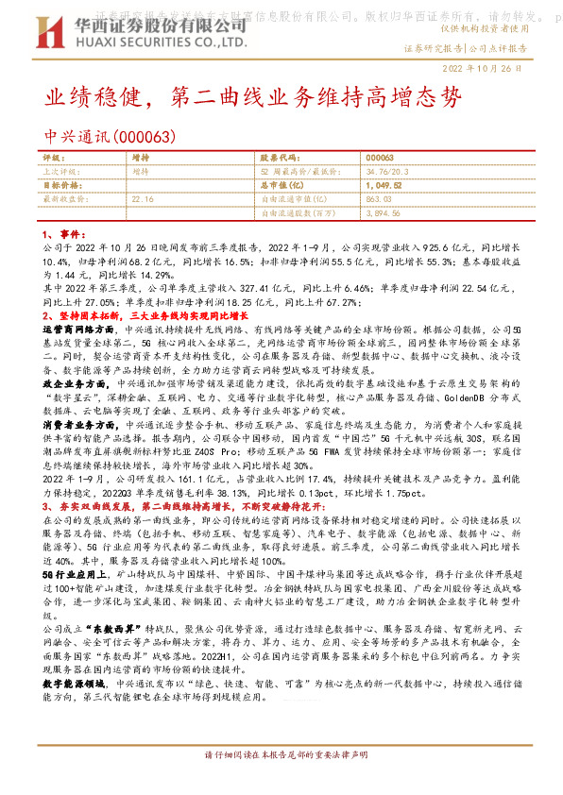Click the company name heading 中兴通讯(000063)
pos(111,137)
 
